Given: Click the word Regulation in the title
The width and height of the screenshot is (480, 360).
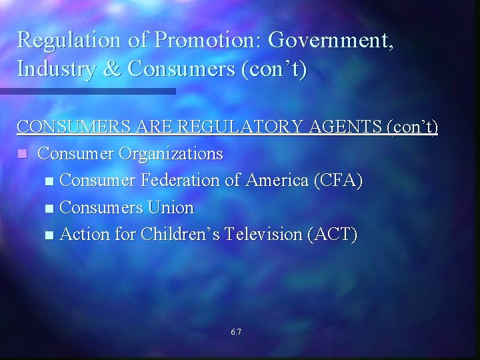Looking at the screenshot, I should coord(69,40).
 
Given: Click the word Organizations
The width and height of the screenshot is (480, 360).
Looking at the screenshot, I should coord(171,154).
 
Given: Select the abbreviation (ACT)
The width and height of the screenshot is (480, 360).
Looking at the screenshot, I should coord(333,235).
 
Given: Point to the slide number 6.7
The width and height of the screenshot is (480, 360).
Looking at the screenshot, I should coord(236,331).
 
